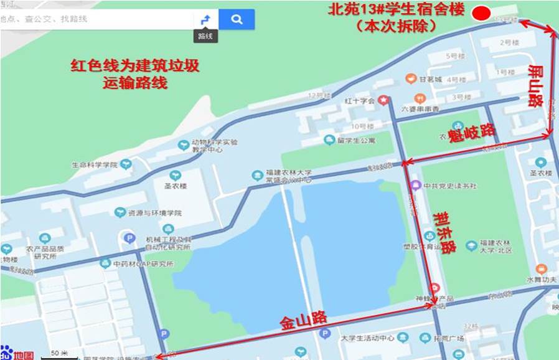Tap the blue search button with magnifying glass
(237, 19)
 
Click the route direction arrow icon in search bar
(205, 20)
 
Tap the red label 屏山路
(535, 86)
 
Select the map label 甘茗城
(430, 79)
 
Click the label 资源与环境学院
(156, 213)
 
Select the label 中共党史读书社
(449, 186)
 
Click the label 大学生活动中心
(367, 339)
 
